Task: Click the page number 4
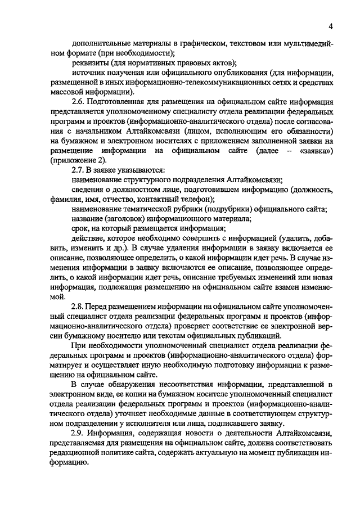click(332, 25)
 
